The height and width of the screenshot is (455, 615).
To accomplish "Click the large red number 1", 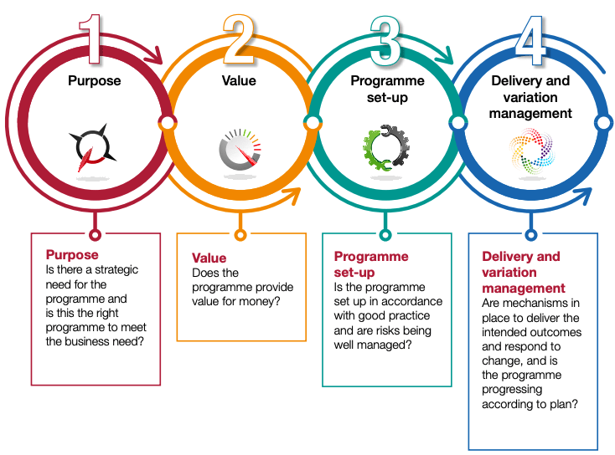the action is click(x=91, y=39).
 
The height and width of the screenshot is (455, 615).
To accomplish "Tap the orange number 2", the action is click(x=239, y=39).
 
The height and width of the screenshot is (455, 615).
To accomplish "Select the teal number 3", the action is click(x=385, y=41).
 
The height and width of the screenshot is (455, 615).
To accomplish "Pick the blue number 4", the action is click(x=530, y=41).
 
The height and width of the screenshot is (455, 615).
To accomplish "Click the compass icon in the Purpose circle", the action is click(x=93, y=148).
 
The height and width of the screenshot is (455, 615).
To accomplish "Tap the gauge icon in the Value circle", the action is click(x=240, y=150).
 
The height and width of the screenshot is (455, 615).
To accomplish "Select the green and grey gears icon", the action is click(x=386, y=148).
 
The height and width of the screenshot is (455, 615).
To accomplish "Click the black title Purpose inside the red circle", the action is click(x=94, y=80).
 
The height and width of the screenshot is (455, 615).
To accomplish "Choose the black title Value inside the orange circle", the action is click(x=239, y=80).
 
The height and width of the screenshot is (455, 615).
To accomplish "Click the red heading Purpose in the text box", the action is click(x=72, y=254).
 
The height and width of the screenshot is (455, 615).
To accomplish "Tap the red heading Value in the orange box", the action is click(x=209, y=258).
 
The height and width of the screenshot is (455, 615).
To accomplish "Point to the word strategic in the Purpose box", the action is click(x=116, y=270).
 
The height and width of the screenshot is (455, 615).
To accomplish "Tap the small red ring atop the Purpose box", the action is click(x=95, y=235).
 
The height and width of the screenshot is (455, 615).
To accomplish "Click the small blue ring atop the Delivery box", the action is click(x=530, y=235).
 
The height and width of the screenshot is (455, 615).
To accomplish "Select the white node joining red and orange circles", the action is click(x=168, y=123).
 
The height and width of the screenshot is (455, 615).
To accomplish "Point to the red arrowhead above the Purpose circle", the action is click(x=155, y=55).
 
